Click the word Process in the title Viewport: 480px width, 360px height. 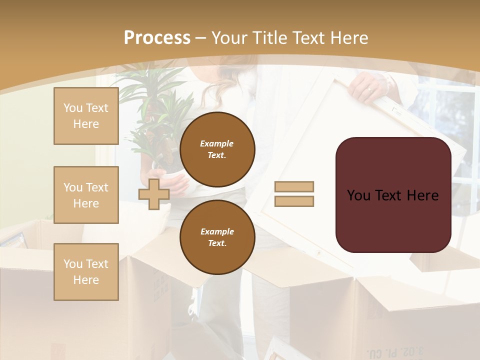click(x=157, y=38)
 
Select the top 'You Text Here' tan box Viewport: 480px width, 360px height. click(x=86, y=116)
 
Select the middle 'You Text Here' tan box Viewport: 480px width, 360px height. click(x=86, y=195)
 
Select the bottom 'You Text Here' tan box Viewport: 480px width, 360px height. click(x=86, y=272)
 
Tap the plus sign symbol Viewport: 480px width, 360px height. click(x=154, y=194)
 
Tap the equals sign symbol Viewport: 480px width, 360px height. click(x=294, y=194)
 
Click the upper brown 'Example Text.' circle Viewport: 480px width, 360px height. click(x=217, y=149)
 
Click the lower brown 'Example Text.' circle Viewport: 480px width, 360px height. click(x=217, y=237)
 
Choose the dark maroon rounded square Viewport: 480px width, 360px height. click(x=393, y=194)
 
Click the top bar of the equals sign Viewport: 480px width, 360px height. click(x=294, y=186)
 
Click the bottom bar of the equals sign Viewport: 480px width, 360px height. click(x=294, y=201)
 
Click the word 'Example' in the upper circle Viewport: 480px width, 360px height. click(x=216, y=143)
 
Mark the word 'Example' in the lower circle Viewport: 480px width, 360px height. click(x=217, y=231)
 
